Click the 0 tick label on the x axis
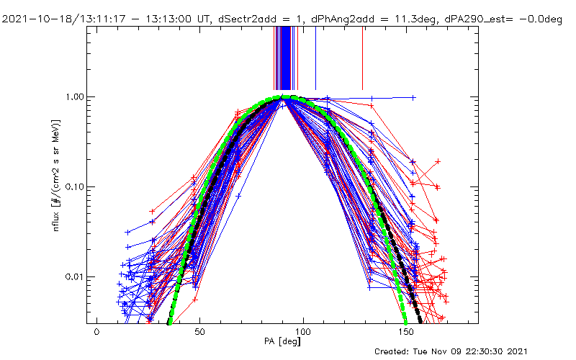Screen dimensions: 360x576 click(x=96, y=333)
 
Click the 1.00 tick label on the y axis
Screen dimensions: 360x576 click(x=73, y=96)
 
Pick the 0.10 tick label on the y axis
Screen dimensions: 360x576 click(x=73, y=186)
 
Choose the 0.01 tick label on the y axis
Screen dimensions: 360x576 click(x=73, y=277)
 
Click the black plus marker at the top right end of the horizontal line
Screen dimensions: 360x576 click(x=413, y=97)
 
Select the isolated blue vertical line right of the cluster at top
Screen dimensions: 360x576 click(x=362, y=58)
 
